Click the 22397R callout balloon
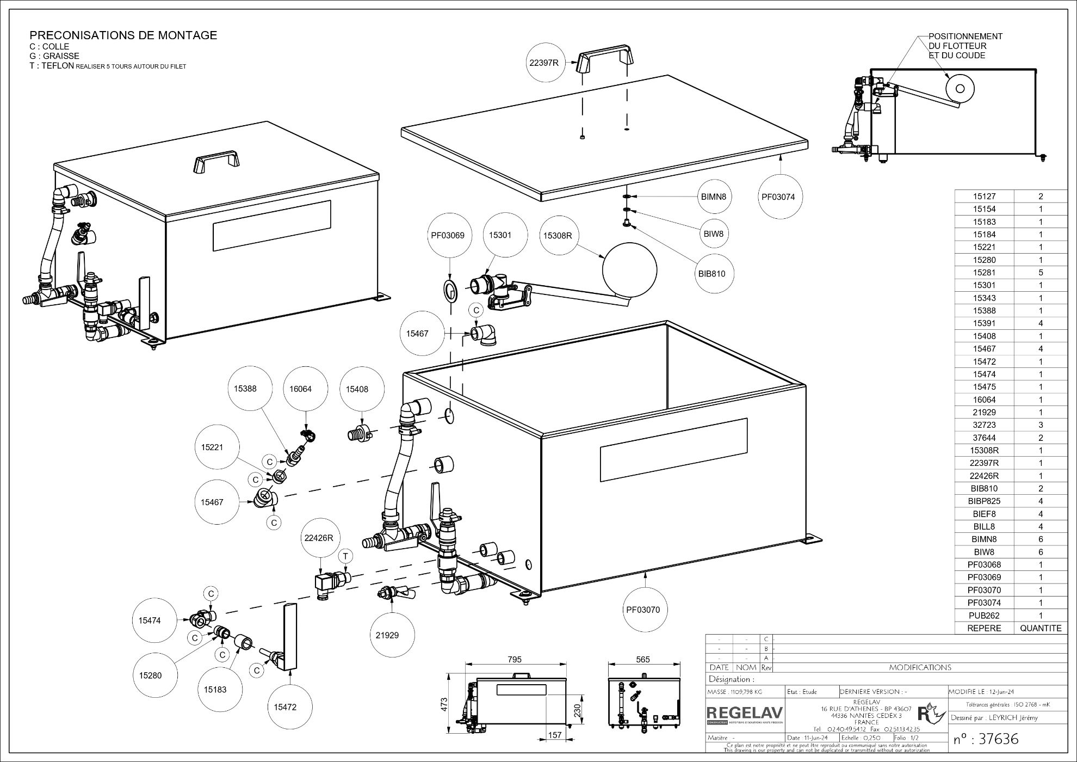(544, 63)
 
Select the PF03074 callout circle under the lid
(782, 196)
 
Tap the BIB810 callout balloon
(712, 274)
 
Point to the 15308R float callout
(558, 236)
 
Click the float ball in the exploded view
(629, 269)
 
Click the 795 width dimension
(514, 659)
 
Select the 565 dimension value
(643, 659)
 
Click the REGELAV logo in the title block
(745, 714)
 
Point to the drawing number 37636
(986, 739)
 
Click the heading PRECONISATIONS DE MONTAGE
(123, 35)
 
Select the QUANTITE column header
(1040, 628)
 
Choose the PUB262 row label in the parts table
(984, 616)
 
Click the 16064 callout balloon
(300, 389)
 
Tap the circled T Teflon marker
(345, 556)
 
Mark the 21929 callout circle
(387, 635)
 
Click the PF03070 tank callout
(643, 610)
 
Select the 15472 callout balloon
(286, 707)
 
